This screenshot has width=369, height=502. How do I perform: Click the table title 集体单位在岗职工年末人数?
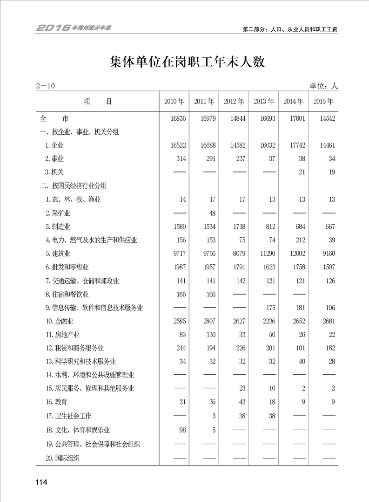[187, 62]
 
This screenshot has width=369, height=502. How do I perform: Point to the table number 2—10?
[45, 86]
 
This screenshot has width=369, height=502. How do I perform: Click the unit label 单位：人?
[323, 86]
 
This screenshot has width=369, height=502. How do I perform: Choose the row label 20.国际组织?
[62, 458]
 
